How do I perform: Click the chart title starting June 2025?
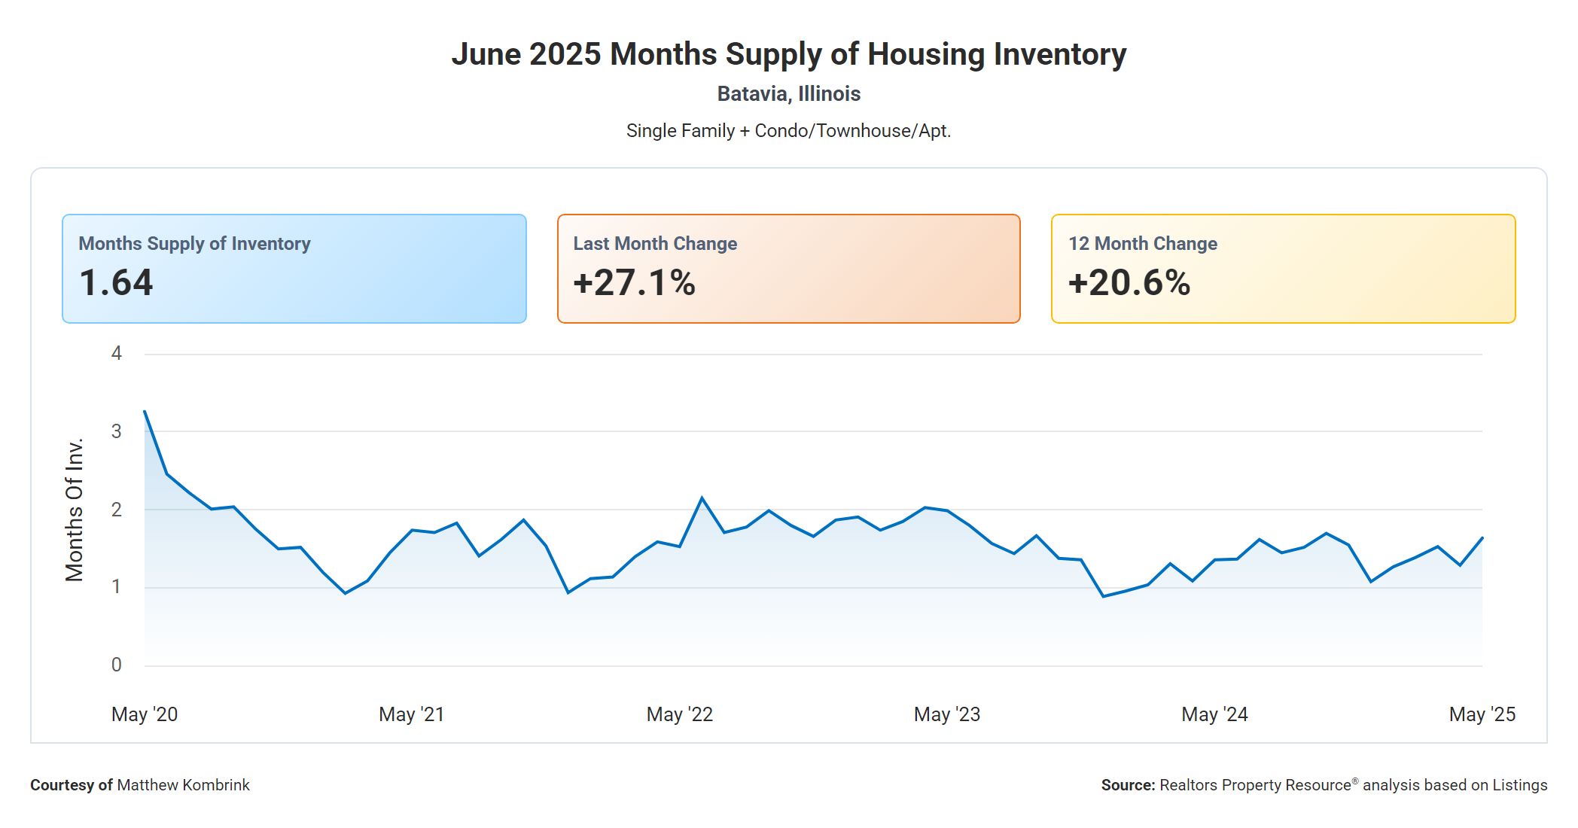pos(788,54)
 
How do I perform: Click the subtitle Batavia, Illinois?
pos(788,94)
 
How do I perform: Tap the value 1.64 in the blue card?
pos(116,283)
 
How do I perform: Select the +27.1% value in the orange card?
pos(634,283)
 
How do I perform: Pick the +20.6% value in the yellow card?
pos(1129,283)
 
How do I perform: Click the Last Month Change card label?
pos(655,244)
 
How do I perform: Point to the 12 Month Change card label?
pos(1142,244)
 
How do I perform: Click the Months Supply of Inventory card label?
pos(194,244)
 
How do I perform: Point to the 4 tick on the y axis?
pos(116,353)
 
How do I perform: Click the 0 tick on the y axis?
pos(116,665)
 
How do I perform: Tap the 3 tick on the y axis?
pos(116,431)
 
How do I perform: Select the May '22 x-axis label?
pos(679,714)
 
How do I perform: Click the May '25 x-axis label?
pos(1482,714)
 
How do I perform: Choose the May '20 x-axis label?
pos(145,714)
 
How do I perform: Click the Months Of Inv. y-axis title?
pos(74,510)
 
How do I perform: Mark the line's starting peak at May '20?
pos(145,411)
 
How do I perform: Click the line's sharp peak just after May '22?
pos(702,498)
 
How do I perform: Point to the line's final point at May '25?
pos(1482,537)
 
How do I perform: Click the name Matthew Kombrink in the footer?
pos(183,785)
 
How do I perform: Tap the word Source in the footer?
pos(1127,785)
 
